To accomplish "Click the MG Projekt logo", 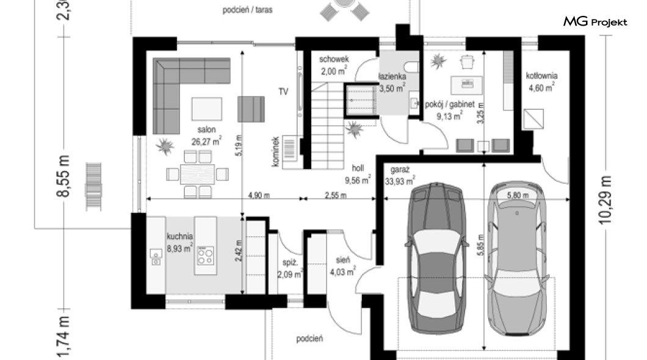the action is coord(595,21).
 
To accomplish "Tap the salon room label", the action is coord(206,129).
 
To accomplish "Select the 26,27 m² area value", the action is coord(206,142).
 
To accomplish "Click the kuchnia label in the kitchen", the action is coord(180,236).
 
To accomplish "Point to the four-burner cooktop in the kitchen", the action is coord(206,255).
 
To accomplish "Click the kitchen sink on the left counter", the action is coord(156,257).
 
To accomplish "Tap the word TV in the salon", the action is coord(283,92).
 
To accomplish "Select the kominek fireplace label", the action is coord(276,152).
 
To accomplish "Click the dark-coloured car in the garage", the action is coord(436,257).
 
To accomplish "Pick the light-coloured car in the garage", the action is coord(517,257).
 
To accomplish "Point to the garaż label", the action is coord(399,170).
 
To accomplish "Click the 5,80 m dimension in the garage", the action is coord(518,195).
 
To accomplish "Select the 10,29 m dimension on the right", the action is coord(605,200).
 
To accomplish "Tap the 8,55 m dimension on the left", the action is coord(63,176).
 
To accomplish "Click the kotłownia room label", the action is coord(541,76).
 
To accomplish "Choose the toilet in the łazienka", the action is coord(412,67).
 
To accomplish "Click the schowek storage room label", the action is coord(334,59).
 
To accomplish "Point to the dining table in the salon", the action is coord(197,174).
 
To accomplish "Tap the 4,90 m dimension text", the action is coord(259,195).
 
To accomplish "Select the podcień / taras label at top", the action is coord(248,10).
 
